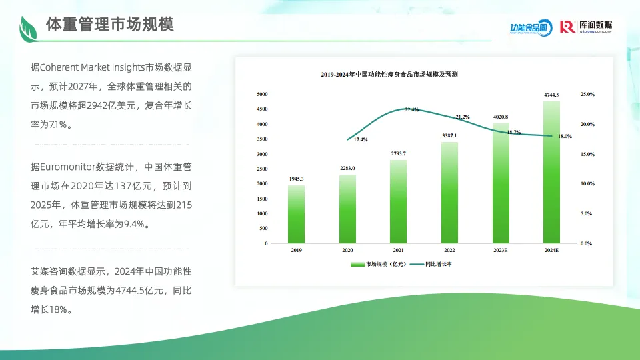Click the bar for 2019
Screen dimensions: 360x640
coord(297,214)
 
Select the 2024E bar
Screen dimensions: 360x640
coord(551,172)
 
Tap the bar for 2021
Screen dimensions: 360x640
coord(399,201)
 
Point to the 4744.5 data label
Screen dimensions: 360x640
coord(551,95)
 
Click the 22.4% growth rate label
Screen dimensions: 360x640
coord(411,110)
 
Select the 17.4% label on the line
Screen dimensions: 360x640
coord(361,139)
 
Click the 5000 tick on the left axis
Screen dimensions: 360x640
coord(262,95)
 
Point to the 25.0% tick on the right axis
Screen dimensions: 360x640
coord(587,95)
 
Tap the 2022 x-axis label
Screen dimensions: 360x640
coord(449,251)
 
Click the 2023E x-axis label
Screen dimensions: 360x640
coord(501,251)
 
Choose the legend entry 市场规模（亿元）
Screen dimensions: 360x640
coord(380,264)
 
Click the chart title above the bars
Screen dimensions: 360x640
coord(393,73)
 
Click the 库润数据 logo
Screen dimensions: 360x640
coord(586,27)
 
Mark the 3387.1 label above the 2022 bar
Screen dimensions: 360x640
coord(449,136)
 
